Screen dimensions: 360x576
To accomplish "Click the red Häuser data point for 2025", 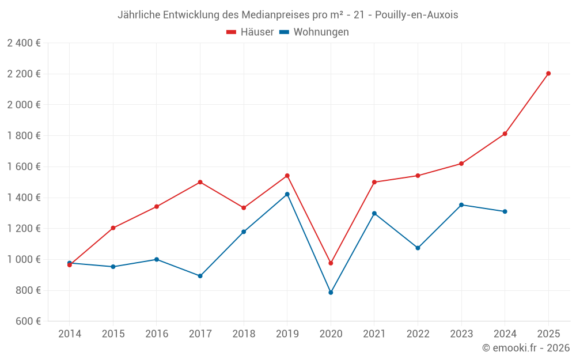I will pos(548,73).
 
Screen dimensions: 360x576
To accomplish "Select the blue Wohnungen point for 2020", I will pos(331,293).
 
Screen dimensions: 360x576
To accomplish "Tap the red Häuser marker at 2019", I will pos(287,176).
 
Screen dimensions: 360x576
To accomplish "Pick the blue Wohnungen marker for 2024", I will pos(505,211).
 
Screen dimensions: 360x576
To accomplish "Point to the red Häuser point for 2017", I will pos(200,182).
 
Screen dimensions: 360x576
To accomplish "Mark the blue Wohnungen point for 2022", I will pos(418,248).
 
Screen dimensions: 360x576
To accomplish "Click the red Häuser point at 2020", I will pos(331,263).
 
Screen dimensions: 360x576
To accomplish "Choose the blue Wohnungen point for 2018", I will pos(244,232).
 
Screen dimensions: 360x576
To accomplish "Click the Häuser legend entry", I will pos(250,32).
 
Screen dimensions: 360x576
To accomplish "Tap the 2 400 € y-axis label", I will pos(24,43).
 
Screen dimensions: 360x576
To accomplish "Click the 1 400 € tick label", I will pos(24,198).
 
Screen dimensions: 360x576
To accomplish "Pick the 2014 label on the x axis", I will pos(70,334).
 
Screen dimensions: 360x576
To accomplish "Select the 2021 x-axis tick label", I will pos(374,334).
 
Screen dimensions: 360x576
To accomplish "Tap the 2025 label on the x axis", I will pos(548,334).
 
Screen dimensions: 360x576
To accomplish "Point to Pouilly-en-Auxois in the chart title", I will pos(416,15).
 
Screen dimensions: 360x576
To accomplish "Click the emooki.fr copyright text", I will pos(526,348).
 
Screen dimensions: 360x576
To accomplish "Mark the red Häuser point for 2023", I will pos(461,164).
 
